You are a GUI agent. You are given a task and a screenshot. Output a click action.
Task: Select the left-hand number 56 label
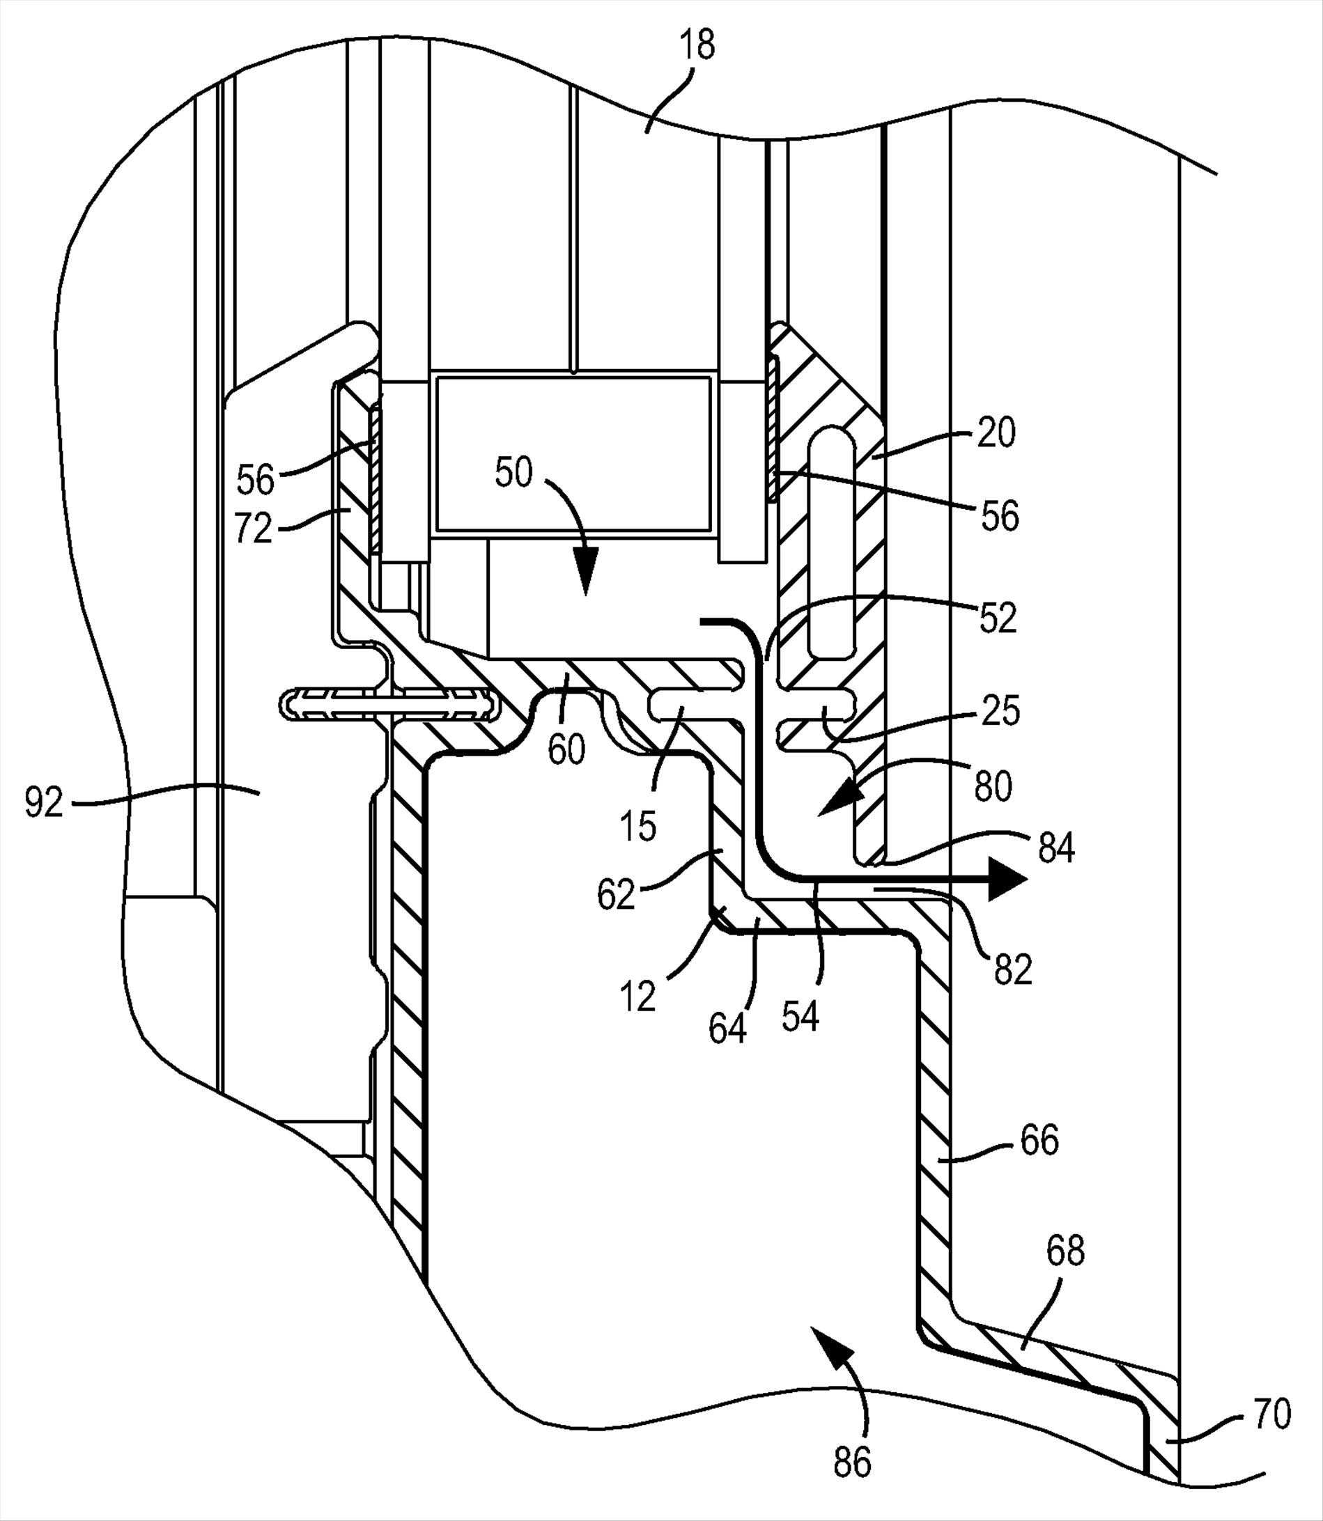256,480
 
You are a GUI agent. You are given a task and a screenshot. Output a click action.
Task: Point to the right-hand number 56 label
1000,516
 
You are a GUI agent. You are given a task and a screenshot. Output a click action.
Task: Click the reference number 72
253,529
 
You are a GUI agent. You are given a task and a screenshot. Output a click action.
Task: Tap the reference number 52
998,618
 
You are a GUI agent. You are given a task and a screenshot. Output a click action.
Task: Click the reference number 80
993,788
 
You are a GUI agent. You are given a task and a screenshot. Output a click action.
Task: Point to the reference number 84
1055,850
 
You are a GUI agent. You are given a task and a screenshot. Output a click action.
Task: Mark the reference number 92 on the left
45,802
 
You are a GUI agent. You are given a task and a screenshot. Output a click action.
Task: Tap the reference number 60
566,751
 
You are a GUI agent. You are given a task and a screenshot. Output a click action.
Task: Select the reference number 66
1039,1140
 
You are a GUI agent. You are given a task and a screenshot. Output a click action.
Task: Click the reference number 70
1272,1414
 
